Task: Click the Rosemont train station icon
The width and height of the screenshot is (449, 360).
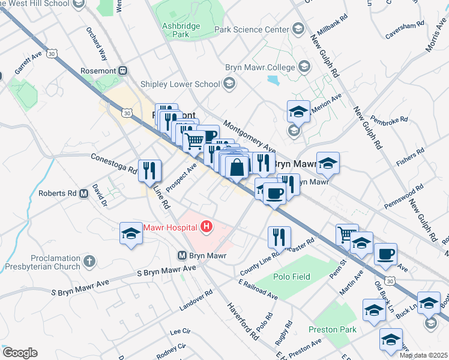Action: (123, 70)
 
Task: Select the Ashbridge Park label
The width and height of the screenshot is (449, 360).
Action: (176, 30)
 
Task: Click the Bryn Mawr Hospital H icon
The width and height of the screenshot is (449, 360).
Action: (206, 226)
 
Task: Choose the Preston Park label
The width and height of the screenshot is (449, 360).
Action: (332, 329)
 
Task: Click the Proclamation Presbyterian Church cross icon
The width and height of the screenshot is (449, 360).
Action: (89, 261)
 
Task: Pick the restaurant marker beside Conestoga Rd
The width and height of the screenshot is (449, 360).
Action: (149, 170)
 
